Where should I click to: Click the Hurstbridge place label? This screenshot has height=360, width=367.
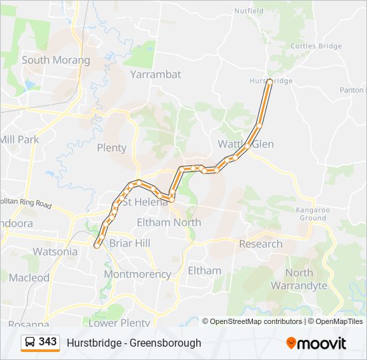point(272,81)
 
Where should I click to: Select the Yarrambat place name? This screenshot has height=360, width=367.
point(155,74)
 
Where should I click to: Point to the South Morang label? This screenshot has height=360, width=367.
point(55,60)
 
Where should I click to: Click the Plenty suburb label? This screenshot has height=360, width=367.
point(111,148)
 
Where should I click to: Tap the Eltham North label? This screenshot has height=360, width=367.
point(168,222)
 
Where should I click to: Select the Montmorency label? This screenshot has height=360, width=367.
point(137,274)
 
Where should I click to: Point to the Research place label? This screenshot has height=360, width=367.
point(260,244)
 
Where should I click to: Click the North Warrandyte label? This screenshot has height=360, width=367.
point(299,279)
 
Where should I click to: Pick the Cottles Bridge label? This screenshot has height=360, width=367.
point(316,46)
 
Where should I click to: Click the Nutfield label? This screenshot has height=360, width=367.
point(250,11)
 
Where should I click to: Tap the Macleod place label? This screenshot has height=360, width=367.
point(29,277)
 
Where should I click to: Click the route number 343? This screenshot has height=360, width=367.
point(47,342)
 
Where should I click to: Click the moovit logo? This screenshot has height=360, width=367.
point(316,343)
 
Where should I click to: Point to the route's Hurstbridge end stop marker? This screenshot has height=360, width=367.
point(269,82)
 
